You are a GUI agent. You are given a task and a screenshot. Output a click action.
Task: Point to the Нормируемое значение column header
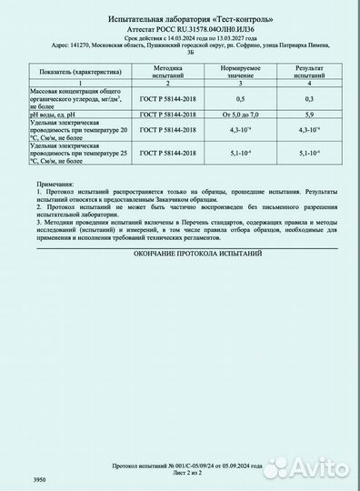(x=240, y=71)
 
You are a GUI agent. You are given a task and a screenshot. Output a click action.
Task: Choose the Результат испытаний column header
(x=309, y=71)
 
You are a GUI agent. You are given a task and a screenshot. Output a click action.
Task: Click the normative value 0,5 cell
(x=240, y=97)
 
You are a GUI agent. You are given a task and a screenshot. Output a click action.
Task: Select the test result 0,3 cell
(x=309, y=97)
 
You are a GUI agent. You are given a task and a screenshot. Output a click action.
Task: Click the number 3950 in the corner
(x=39, y=478)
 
